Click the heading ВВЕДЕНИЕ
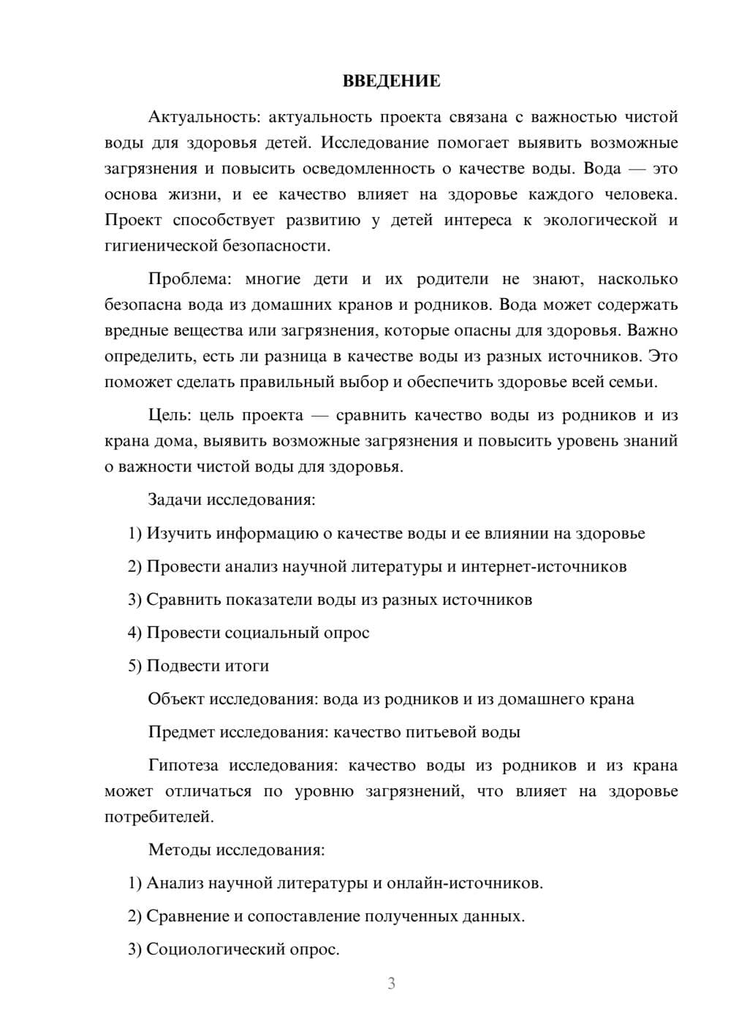391,81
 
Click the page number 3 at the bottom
391,983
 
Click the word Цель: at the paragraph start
170,415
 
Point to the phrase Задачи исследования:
232,500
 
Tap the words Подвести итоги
208,666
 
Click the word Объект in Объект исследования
176,699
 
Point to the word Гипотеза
183,766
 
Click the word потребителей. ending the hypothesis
159,817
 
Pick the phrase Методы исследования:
236,850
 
